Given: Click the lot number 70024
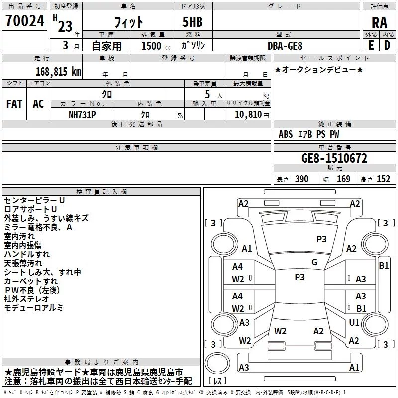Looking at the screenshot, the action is point(25,21).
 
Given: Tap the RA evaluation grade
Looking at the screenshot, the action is point(379,23).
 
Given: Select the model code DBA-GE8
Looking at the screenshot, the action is point(285,46).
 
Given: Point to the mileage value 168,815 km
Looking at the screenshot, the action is point(58,72).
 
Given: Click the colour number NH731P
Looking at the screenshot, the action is point(82,115).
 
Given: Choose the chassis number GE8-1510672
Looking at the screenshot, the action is point(334,158).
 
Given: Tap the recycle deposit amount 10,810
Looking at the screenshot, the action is point(248,115).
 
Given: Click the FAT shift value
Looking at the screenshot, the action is point(14,104).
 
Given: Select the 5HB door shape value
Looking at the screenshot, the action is point(193,22).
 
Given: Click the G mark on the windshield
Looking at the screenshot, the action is point(314,262).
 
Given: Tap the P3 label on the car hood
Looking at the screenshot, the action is point(321,239).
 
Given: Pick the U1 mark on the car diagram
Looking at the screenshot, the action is point(354,322).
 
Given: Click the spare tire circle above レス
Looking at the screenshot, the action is point(217,363).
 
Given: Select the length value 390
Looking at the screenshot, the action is point(302,179).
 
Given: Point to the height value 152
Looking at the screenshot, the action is point(383,179).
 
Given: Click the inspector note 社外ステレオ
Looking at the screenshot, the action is point(26,299).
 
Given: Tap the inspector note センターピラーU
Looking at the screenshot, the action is point(34,200).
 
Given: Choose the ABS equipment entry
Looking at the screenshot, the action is point(286,134).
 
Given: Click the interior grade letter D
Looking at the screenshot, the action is point(387,45).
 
